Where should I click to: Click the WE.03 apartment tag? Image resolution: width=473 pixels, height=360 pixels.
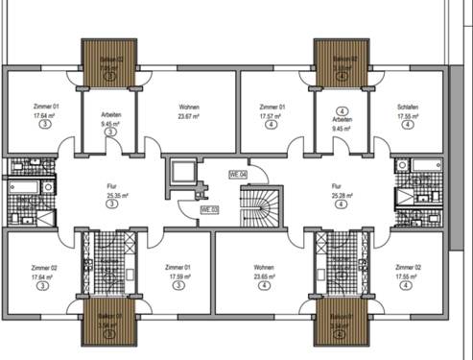coord(210,208)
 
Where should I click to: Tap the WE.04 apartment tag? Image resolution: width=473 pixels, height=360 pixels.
coord(237,174)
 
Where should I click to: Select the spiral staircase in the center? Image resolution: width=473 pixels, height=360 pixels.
coord(256,204)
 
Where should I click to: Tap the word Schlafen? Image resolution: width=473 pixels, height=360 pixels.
coord(410,107)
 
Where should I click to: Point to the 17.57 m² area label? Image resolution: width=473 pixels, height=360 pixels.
coord(272,116)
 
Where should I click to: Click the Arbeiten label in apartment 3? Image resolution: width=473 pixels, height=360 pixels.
coord(110,114)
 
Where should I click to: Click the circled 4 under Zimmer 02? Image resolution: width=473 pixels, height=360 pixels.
coord(408,285)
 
